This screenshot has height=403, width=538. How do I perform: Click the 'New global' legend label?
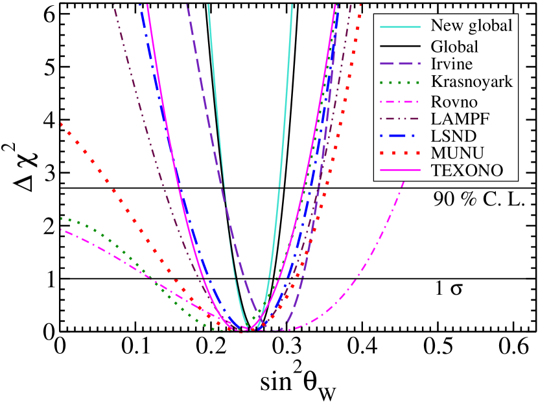pyautogui.click(x=471, y=25)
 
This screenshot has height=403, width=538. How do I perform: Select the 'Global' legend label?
pyautogui.click(x=454, y=47)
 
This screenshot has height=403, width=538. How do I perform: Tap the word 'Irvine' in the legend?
pyautogui.click(x=452, y=64)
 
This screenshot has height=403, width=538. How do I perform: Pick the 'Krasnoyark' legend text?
pyautogui.click(x=471, y=82)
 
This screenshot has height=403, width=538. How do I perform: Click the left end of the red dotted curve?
pyautogui.click(x=61, y=124)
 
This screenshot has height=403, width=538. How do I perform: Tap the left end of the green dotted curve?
pyautogui.click(x=61, y=218)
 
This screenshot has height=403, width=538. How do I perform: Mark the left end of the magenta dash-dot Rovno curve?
pyautogui.click(x=61, y=229)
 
